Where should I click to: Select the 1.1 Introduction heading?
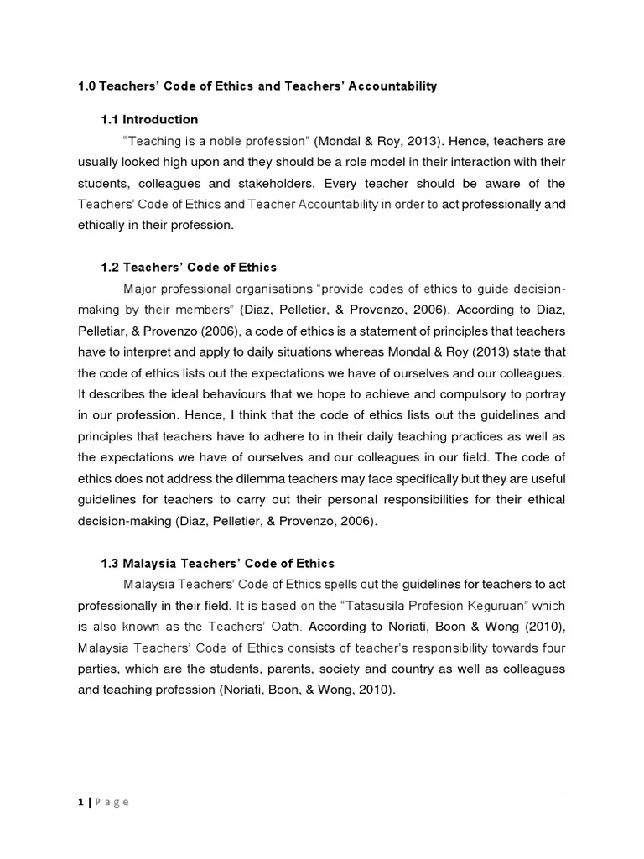[x=149, y=119]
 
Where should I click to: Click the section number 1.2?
[x=110, y=268]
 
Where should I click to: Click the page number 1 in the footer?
[x=79, y=802]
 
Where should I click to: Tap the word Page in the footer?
[x=112, y=802]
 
